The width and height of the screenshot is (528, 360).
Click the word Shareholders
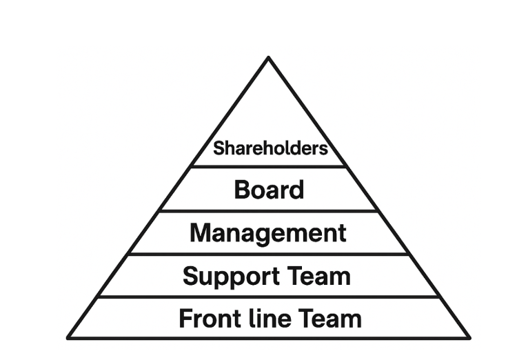coord(270,148)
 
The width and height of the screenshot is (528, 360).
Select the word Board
coord(269,189)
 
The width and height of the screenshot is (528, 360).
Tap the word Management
coord(268,233)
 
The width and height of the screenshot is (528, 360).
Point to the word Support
coord(226,277)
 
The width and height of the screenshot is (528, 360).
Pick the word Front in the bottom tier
coord(205,319)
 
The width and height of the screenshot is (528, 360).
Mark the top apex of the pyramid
coord(268,58)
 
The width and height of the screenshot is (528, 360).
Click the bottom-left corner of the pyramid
coord(68,337)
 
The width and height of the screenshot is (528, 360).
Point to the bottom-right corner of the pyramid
coord(469,337)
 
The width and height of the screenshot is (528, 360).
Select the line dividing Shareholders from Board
coord(269,166)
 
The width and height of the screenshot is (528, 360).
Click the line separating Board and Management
coord(269,211)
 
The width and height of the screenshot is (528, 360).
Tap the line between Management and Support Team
coord(269,254)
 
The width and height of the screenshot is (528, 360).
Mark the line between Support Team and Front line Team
coord(269,297)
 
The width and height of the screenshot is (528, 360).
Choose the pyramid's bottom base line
coord(269,338)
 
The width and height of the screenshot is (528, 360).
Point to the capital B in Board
coord(242,189)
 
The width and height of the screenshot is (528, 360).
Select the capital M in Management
coord(201,233)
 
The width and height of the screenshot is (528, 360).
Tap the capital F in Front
coord(185,319)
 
